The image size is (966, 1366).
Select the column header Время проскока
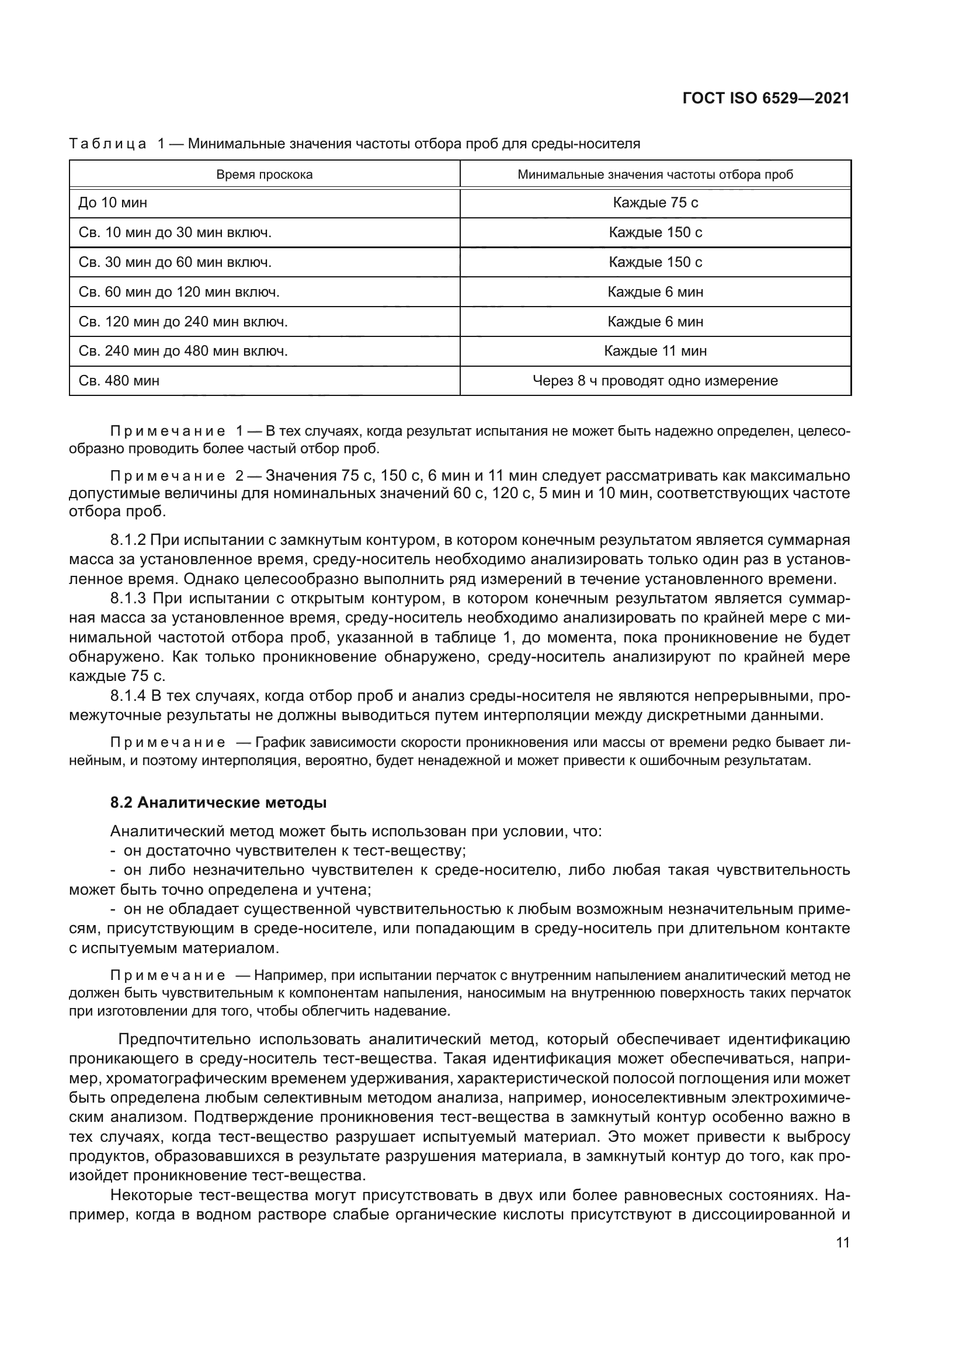tap(264, 174)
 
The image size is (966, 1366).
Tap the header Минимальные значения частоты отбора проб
tap(655, 174)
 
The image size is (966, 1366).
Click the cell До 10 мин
tap(113, 203)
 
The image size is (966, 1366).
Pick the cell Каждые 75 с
tap(655, 203)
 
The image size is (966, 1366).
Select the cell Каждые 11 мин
tap(655, 351)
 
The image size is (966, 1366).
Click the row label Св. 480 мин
tap(119, 381)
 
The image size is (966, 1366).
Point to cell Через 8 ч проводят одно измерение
tap(655, 381)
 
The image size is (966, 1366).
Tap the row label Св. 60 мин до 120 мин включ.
tap(179, 292)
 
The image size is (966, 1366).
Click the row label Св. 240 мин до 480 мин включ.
tap(183, 351)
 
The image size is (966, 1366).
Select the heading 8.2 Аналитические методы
tap(218, 802)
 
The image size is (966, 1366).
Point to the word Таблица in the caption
tap(107, 144)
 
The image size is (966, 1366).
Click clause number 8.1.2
tap(128, 540)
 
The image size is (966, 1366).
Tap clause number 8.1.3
tap(128, 599)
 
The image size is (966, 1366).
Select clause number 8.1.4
tap(128, 696)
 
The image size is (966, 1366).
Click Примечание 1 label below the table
tap(176, 431)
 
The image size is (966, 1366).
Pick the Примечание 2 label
tap(176, 476)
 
